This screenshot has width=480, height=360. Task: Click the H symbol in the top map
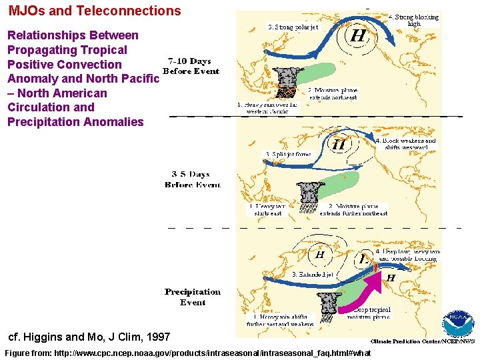[x=357, y=36]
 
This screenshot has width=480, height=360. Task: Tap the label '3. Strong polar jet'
[x=293, y=27]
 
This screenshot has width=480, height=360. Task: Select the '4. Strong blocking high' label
[x=414, y=20]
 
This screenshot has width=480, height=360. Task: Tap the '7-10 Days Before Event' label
[x=191, y=66]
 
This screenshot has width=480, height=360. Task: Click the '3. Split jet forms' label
[x=287, y=154]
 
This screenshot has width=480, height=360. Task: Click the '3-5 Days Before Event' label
[x=192, y=179]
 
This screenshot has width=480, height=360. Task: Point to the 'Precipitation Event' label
[x=193, y=297]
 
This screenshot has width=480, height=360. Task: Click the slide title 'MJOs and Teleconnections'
[x=95, y=11]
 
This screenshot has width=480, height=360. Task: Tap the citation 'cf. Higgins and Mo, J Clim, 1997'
[x=89, y=337]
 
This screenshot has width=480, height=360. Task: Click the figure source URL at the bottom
[x=187, y=353]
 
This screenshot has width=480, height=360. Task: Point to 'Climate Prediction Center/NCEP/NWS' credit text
[x=423, y=341]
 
